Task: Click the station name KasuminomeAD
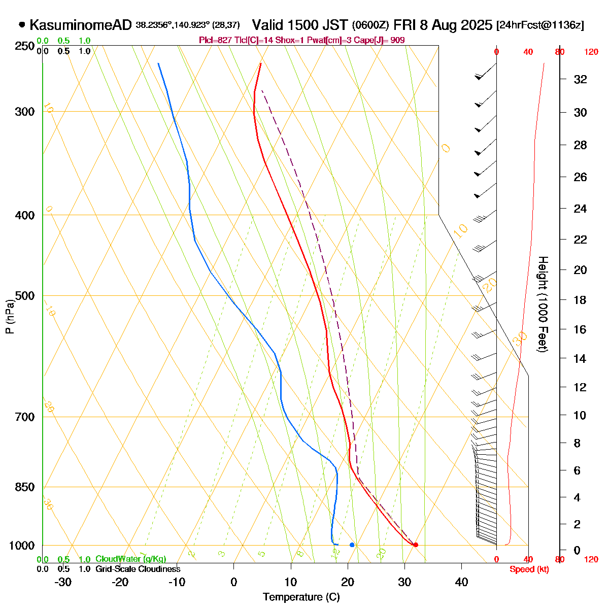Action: point(81,25)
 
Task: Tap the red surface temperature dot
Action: point(416,545)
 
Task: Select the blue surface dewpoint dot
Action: point(352,545)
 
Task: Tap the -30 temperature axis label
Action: point(63,582)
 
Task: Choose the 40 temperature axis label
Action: point(461,582)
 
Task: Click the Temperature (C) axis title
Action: point(301,597)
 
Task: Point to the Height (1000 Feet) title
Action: point(543,304)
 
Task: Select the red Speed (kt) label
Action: point(529,569)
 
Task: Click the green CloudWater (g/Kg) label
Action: point(130,559)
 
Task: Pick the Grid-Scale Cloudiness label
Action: point(138,569)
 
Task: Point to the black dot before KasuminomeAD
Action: point(22,24)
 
